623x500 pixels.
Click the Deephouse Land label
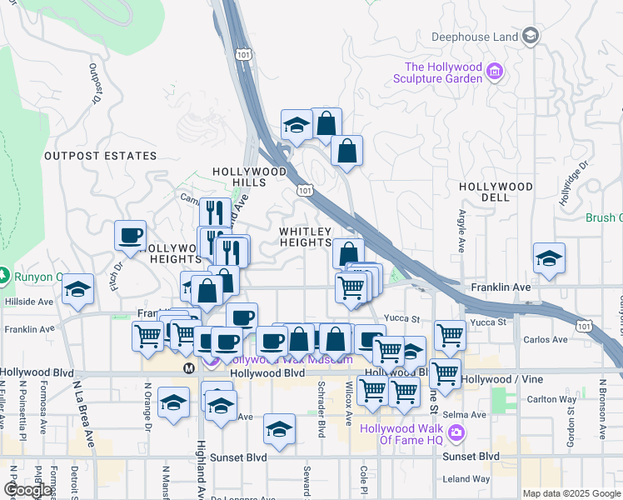[475, 37]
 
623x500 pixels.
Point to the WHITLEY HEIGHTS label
[305, 237]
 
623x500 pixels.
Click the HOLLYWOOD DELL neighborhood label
[496, 192]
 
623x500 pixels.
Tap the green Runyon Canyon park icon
[4, 275]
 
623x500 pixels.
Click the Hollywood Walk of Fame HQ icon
[456, 432]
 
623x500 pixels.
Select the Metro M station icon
[189, 367]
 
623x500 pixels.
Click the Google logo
[27, 490]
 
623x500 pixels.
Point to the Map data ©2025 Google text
[571, 493]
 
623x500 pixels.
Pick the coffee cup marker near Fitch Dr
[130, 236]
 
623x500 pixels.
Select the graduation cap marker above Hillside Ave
[78, 288]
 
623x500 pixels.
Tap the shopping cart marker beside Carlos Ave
[450, 335]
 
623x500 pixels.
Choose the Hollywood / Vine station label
[496, 379]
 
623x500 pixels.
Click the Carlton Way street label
[556, 399]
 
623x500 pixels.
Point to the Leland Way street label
[466, 479]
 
